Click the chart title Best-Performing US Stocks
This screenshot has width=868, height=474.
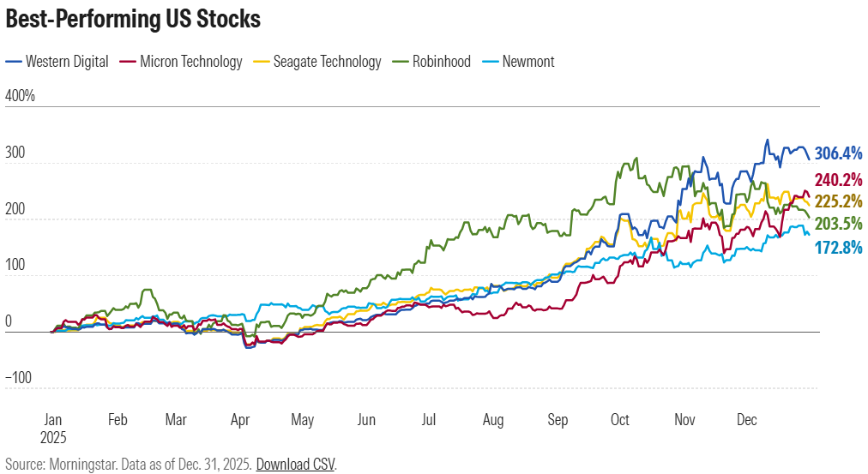coord(133,20)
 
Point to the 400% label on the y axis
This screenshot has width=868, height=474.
coord(21,95)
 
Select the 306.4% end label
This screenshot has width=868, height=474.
coord(838,153)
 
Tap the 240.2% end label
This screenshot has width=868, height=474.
coord(838,180)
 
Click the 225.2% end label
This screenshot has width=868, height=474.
coord(838,201)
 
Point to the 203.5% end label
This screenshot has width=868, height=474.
coord(838,223)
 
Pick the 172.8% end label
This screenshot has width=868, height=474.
coord(838,249)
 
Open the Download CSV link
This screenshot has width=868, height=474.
coord(296,465)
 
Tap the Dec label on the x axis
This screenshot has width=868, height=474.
coord(747,420)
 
